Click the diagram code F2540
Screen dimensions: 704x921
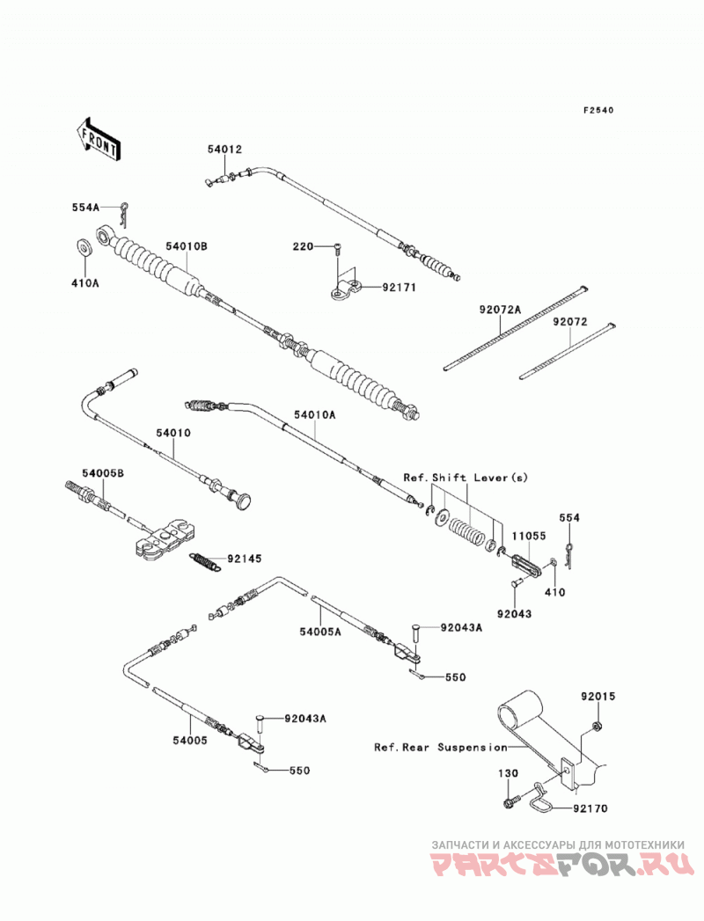[x=598, y=110]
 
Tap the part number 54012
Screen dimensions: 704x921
[x=224, y=150]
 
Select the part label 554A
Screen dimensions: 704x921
[x=85, y=207]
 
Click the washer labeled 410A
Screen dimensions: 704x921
[x=84, y=247]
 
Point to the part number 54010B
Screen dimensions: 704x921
[x=186, y=246]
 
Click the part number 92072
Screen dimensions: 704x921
[x=569, y=323]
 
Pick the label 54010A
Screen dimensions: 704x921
[x=314, y=415]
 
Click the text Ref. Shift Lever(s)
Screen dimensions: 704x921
[x=466, y=478]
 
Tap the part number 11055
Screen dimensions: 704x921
[x=528, y=536]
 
